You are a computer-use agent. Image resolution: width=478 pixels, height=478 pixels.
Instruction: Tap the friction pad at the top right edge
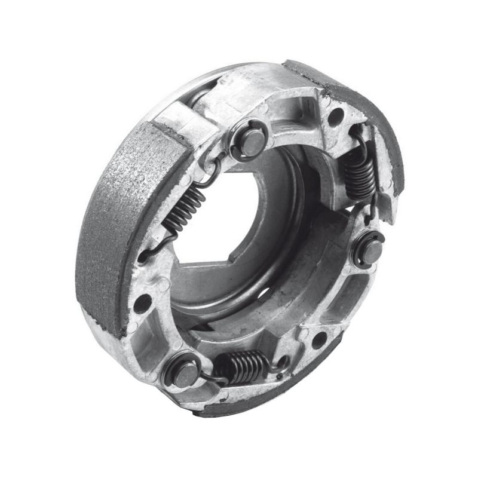pyautogui.click(x=353, y=102)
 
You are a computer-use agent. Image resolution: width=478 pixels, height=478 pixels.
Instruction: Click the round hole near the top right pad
pyautogui.click(x=336, y=116)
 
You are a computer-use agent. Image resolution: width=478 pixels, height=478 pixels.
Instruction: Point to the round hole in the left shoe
pyautogui.click(x=142, y=303)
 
